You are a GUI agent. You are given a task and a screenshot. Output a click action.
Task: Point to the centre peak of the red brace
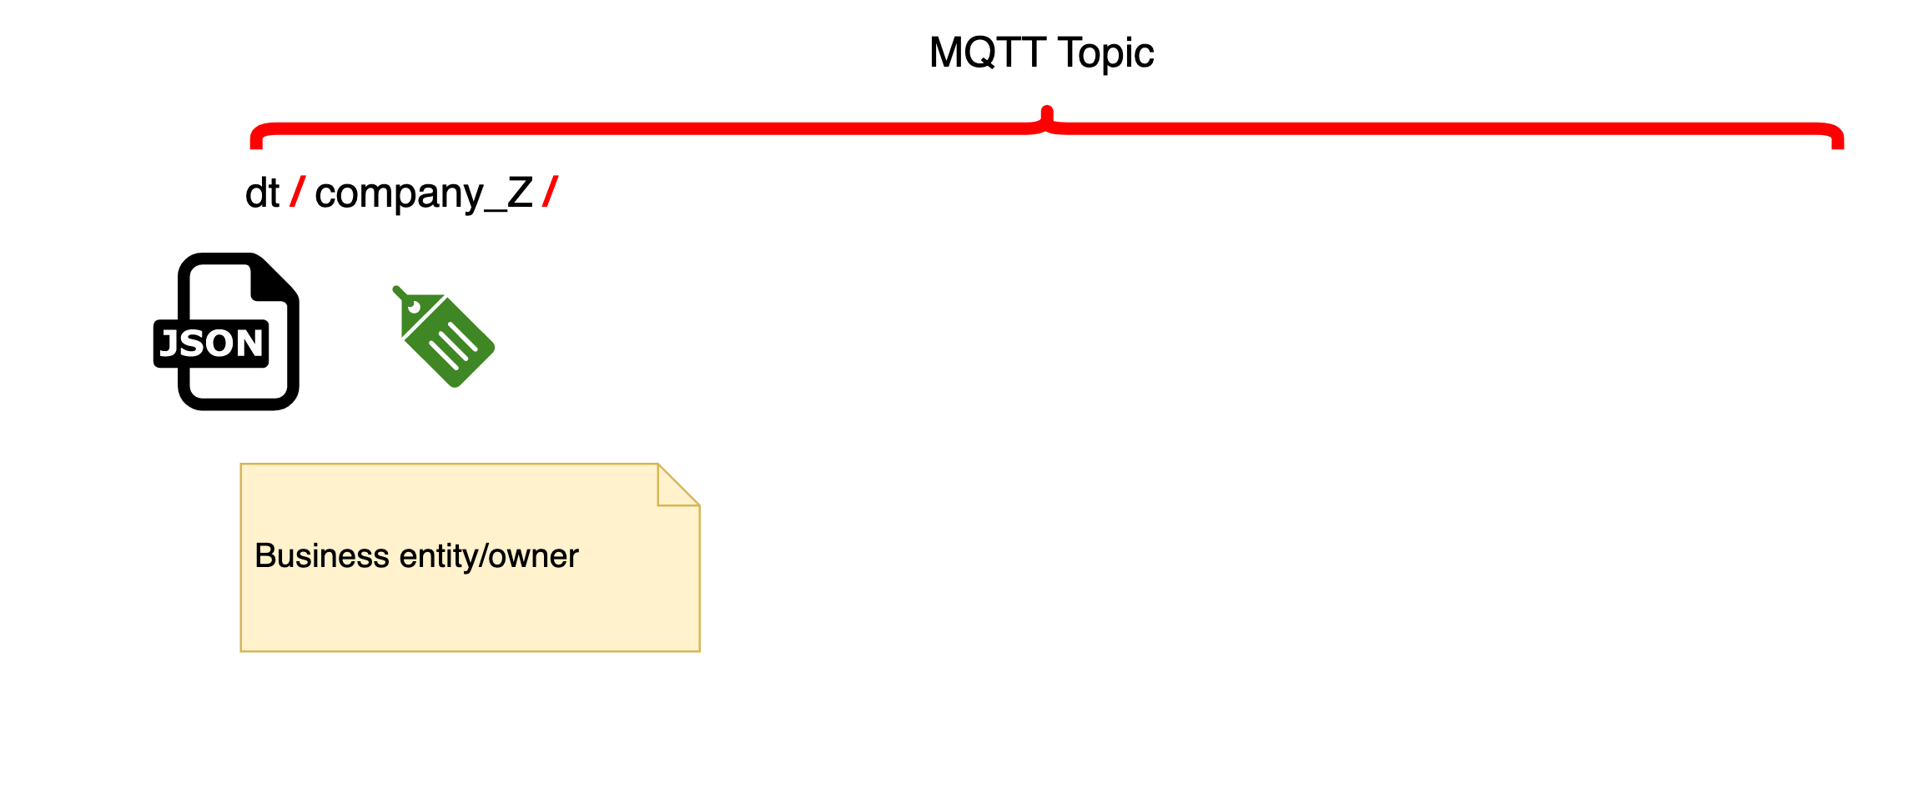(1047, 110)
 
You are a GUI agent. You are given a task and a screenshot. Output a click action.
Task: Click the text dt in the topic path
(262, 193)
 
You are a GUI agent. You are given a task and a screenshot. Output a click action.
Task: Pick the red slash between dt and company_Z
(297, 192)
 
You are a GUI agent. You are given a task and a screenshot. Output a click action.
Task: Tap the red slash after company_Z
(550, 192)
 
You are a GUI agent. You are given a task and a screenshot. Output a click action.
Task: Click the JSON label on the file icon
(211, 344)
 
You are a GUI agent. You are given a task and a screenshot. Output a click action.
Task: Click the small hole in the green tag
(414, 307)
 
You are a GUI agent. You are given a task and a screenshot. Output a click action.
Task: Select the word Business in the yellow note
(322, 556)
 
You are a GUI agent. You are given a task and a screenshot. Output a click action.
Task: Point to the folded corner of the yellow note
(678, 484)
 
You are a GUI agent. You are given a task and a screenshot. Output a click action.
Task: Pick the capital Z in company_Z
(521, 193)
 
